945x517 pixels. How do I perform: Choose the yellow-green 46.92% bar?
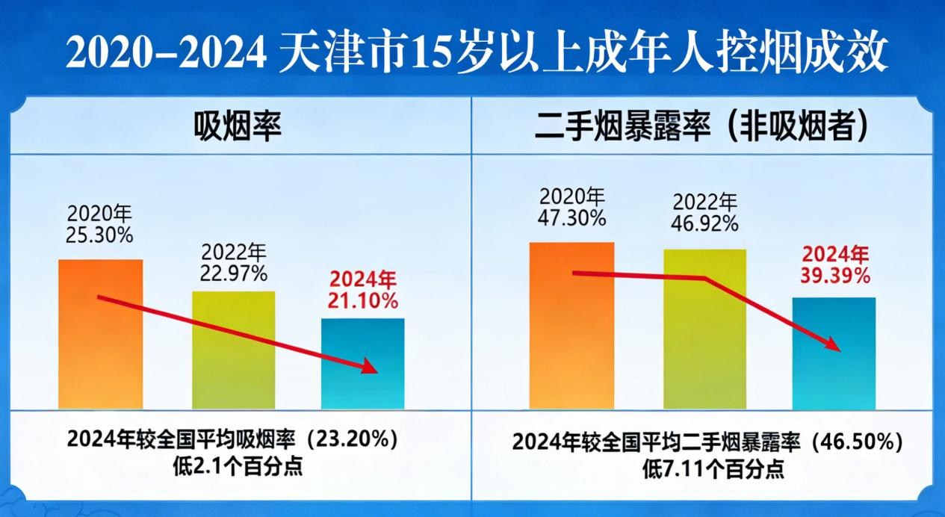pos(704,329)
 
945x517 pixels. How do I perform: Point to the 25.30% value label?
pos(99,235)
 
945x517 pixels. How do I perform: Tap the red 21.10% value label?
pos(363,301)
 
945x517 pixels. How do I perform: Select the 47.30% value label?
pos(572,218)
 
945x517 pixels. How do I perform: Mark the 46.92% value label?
pos(705,223)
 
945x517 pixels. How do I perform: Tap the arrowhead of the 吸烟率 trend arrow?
pos(372,367)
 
